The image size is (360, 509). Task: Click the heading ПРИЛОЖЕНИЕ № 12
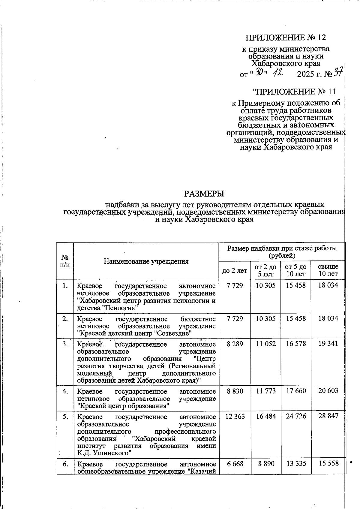(x=286, y=38)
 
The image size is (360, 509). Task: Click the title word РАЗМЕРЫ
(x=204, y=194)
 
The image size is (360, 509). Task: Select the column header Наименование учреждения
(x=146, y=261)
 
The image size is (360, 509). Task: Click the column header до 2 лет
(x=234, y=271)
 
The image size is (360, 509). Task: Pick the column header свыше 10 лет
(x=328, y=270)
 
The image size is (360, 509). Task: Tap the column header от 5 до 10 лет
(x=295, y=270)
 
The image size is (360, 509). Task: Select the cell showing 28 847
(x=328, y=417)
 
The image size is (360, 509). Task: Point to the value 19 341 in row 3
(x=328, y=344)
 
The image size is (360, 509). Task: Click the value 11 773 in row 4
(x=265, y=391)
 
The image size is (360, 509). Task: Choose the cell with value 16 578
(x=296, y=344)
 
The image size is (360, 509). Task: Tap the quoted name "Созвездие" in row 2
(x=174, y=333)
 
